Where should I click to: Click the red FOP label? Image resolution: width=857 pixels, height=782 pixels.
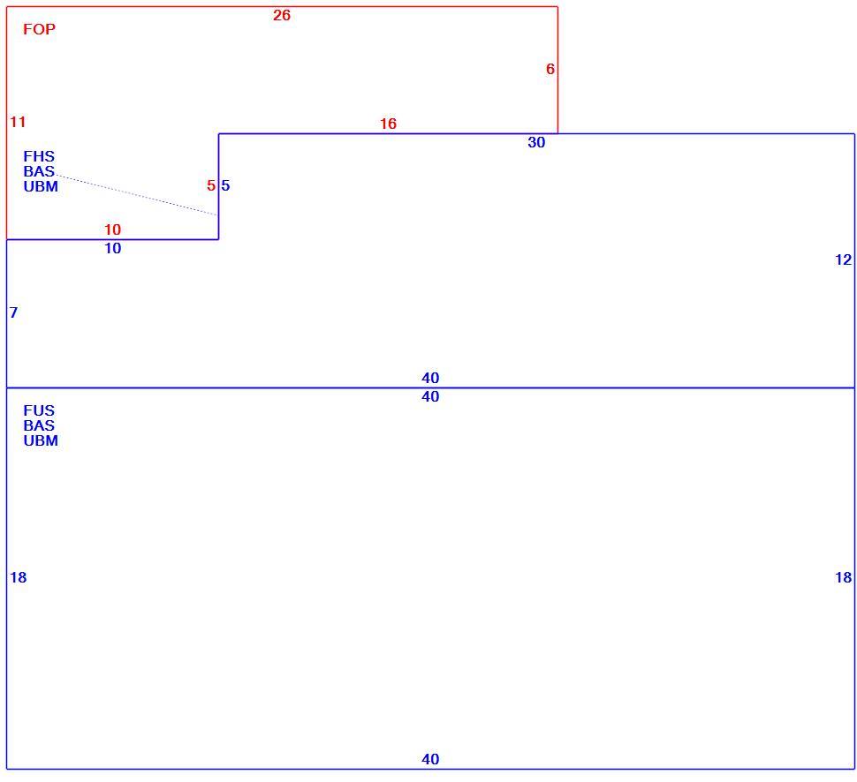tap(39, 29)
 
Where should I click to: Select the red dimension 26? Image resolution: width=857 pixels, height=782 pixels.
tap(282, 15)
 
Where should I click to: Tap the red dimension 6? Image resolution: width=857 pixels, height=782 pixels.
tap(550, 69)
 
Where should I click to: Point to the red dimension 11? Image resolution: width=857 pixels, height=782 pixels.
tap(18, 122)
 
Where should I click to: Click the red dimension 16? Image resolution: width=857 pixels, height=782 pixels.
tap(388, 124)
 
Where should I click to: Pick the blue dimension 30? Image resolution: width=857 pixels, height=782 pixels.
tap(536, 142)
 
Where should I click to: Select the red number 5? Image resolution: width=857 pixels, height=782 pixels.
tap(211, 185)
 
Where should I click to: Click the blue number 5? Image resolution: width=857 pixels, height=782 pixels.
tap(225, 185)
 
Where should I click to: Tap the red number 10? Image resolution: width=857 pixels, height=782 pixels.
tap(112, 229)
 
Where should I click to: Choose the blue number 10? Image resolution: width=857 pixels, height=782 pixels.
tap(112, 249)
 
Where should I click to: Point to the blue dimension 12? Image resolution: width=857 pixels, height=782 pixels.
tap(844, 260)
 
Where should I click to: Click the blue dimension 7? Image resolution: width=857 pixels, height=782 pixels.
tap(13, 312)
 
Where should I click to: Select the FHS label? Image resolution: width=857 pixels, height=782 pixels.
tap(39, 156)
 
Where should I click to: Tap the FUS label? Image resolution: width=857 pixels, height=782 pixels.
tap(39, 410)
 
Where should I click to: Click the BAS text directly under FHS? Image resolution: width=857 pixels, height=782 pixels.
tap(39, 171)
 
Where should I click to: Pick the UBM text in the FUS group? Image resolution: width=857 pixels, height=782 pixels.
tap(41, 440)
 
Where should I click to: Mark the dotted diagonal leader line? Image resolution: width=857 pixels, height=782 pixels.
tap(137, 195)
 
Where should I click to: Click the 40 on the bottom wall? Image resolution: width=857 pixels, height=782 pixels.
tap(430, 759)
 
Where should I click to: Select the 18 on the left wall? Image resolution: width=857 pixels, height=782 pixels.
tap(18, 577)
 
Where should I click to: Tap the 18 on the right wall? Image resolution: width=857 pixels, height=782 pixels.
tap(844, 577)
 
